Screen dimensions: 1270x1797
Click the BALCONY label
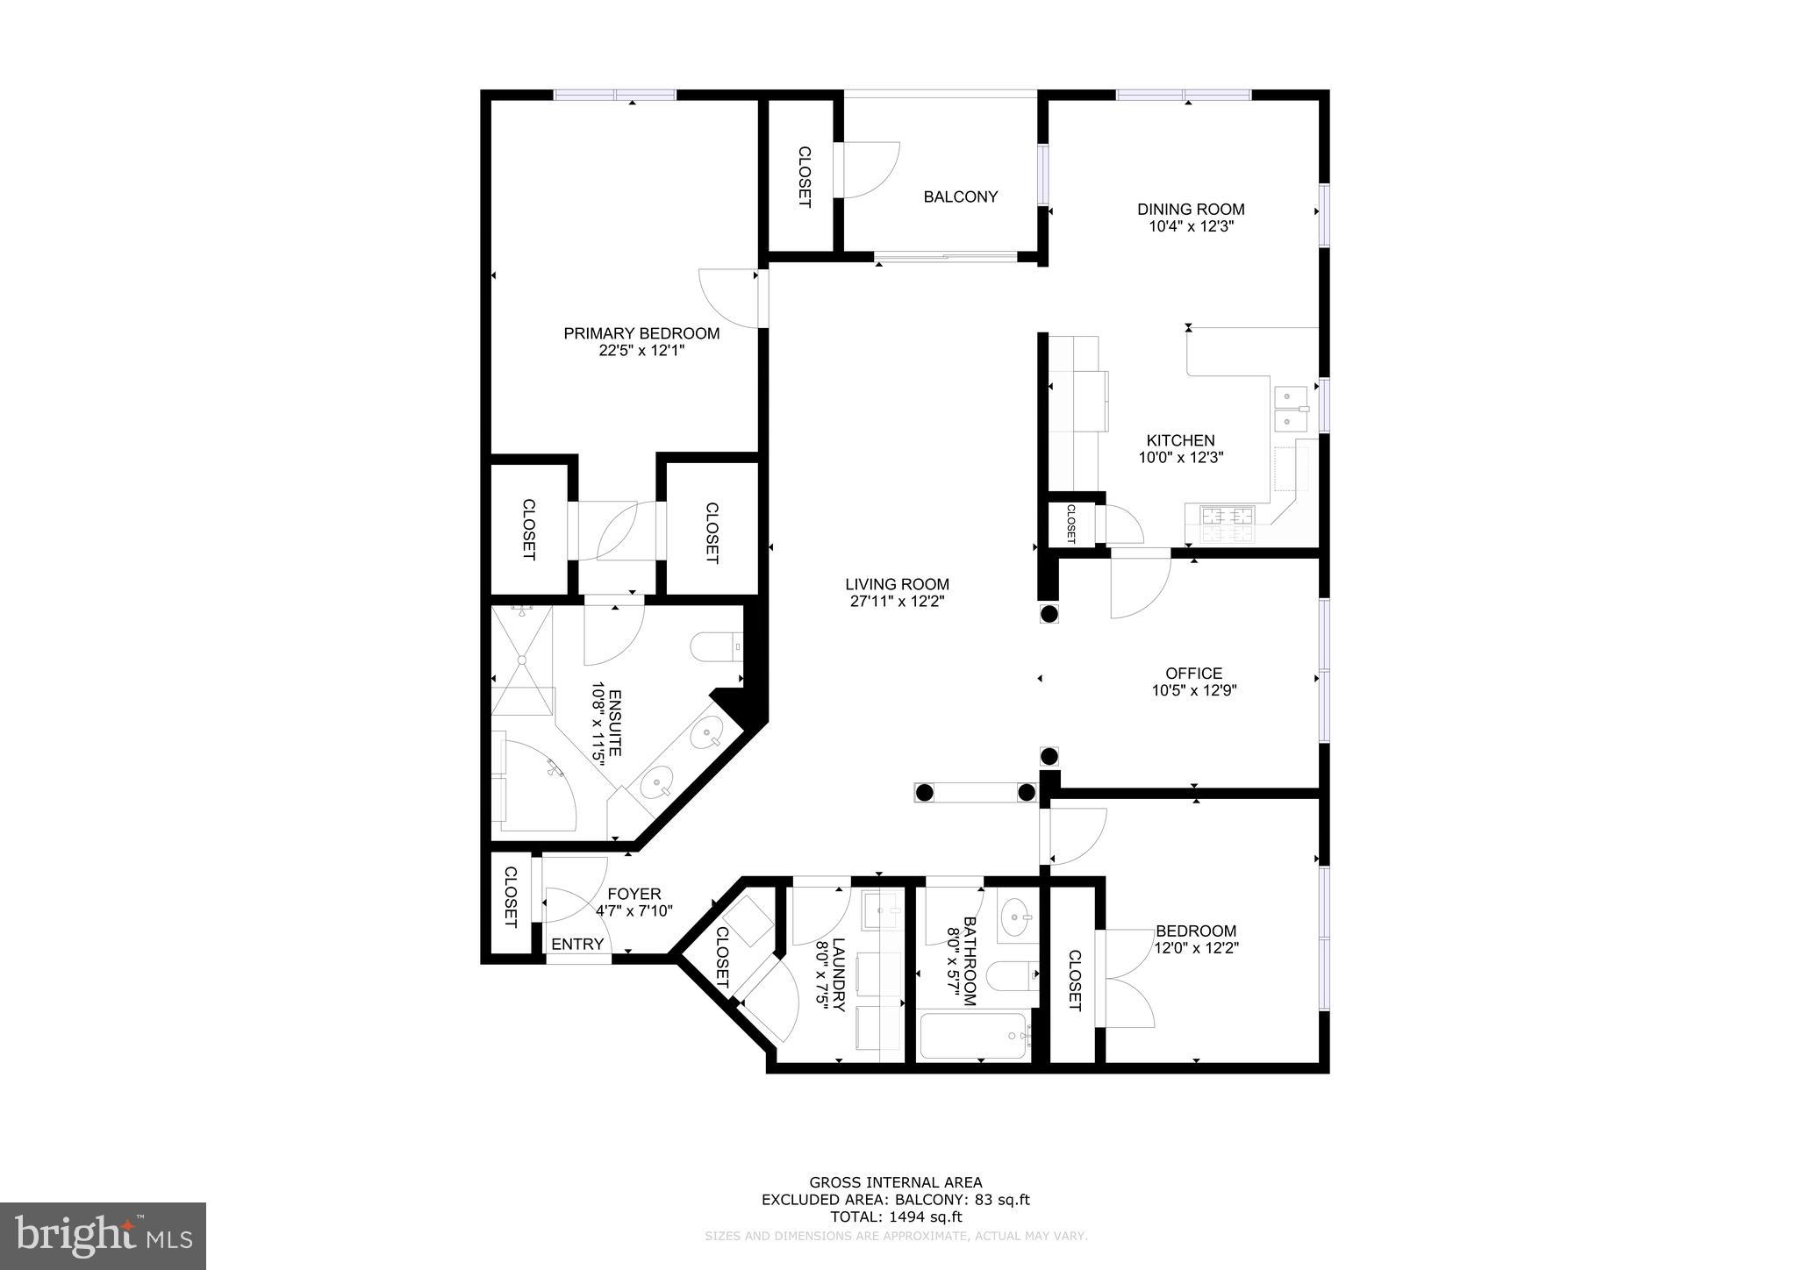(x=960, y=196)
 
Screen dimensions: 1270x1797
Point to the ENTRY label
(x=577, y=944)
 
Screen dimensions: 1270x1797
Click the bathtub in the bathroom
(x=972, y=1037)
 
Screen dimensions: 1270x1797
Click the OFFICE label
(x=1193, y=674)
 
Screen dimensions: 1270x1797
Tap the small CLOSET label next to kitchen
(x=1070, y=524)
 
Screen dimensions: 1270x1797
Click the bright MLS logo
(x=103, y=1236)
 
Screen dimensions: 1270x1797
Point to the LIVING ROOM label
(x=897, y=584)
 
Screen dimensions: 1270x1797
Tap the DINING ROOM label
(x=1191, y=209)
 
